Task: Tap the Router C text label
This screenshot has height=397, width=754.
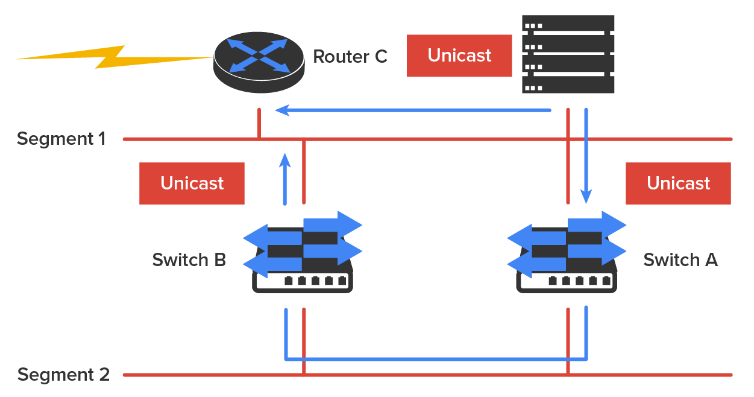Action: coord(350,57)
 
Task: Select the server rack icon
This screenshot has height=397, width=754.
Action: coord(567,54)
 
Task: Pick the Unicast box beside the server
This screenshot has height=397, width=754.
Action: coord(459,56)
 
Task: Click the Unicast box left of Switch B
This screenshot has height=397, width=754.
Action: coord(192,183)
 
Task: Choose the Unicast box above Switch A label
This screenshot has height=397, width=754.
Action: coord(678,183)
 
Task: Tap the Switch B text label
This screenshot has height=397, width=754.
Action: coord(189,260)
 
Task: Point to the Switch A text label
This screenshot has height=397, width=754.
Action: coord(680,260)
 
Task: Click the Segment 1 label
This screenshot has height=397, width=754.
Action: coord(61,139)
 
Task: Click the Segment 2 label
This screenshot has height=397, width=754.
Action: coord(63,375)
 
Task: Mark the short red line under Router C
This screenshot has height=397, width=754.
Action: coord(259,123)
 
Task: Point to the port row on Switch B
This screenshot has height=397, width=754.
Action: coord(313,281)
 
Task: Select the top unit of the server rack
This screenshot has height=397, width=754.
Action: coord(567,26)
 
